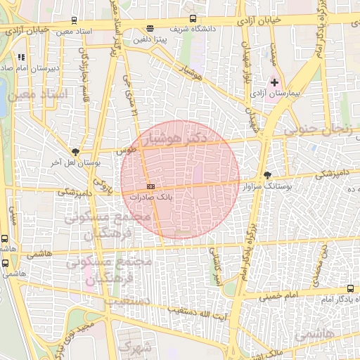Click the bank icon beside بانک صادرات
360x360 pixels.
(150, 186)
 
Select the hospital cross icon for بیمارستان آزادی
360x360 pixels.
(274, 83)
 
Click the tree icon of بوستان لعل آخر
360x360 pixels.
(75, 151)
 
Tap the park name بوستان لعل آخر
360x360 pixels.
(75, 162)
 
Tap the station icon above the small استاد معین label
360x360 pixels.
(75, 21)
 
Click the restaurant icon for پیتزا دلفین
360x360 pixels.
(149, 28)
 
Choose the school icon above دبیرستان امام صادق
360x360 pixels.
(22, 57)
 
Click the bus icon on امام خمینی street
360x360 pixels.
(351, 288)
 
